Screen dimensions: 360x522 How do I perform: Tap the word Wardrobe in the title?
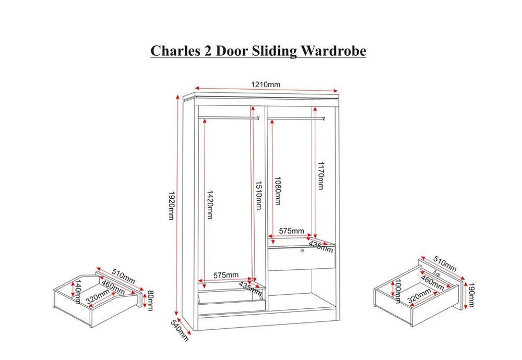pos(333,51)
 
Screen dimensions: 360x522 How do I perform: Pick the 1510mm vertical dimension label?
pos(258,195)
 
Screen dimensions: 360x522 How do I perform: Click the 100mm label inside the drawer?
pos(398,292)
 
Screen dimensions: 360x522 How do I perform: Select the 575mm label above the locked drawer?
pos(291,231)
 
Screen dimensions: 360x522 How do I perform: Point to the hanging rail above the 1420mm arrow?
pos(229,118)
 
